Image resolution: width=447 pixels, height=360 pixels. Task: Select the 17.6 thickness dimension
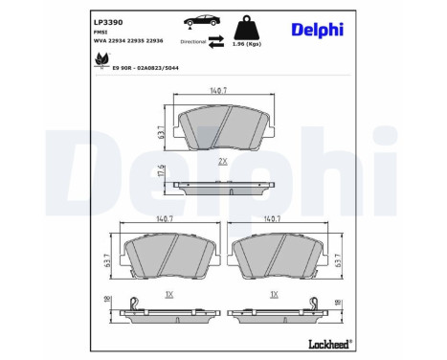[162, 174]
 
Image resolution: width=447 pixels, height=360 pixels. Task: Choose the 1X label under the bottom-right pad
[275, 294]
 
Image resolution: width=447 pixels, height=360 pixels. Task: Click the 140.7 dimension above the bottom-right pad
[275, 219]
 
